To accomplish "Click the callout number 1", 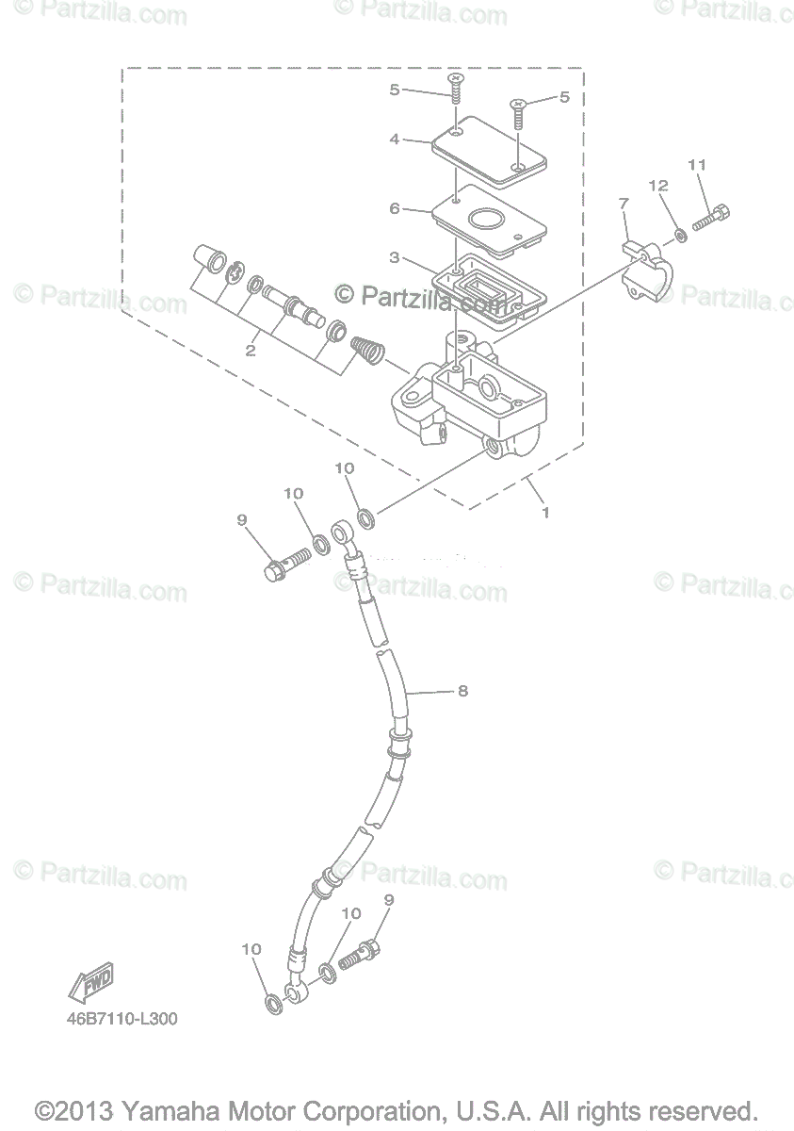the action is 544,513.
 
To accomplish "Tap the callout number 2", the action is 251,351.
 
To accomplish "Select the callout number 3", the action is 395,256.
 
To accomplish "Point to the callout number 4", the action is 395,139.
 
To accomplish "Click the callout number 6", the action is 395,208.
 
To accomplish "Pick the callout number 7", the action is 623,203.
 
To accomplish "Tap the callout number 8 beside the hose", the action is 462,691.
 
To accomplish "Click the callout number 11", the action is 696,165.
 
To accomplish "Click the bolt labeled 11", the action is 712,219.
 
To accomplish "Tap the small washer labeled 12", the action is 680,233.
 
